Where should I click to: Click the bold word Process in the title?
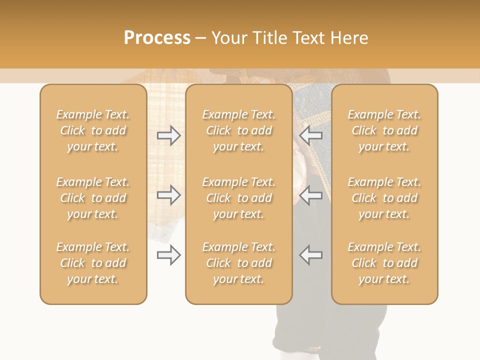point(157,38)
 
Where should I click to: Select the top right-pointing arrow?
point(169,135)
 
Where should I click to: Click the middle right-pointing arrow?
point(169,195)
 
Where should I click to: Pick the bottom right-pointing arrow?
point(169,255)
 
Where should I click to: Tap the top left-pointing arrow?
point(311,135)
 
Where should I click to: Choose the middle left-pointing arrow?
point(311,195)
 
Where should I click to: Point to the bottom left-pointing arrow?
point(311,255)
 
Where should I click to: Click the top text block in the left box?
point(93,130)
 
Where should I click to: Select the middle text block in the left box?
point(93,198)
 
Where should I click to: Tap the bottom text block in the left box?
point(93,263)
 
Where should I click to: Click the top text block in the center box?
point(239,130)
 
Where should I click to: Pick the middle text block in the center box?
point(239,198)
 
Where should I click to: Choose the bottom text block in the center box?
point(239,263)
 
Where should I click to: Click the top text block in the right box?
point(384,130)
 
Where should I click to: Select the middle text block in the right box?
point(384,198)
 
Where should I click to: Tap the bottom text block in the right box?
point(384,263)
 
